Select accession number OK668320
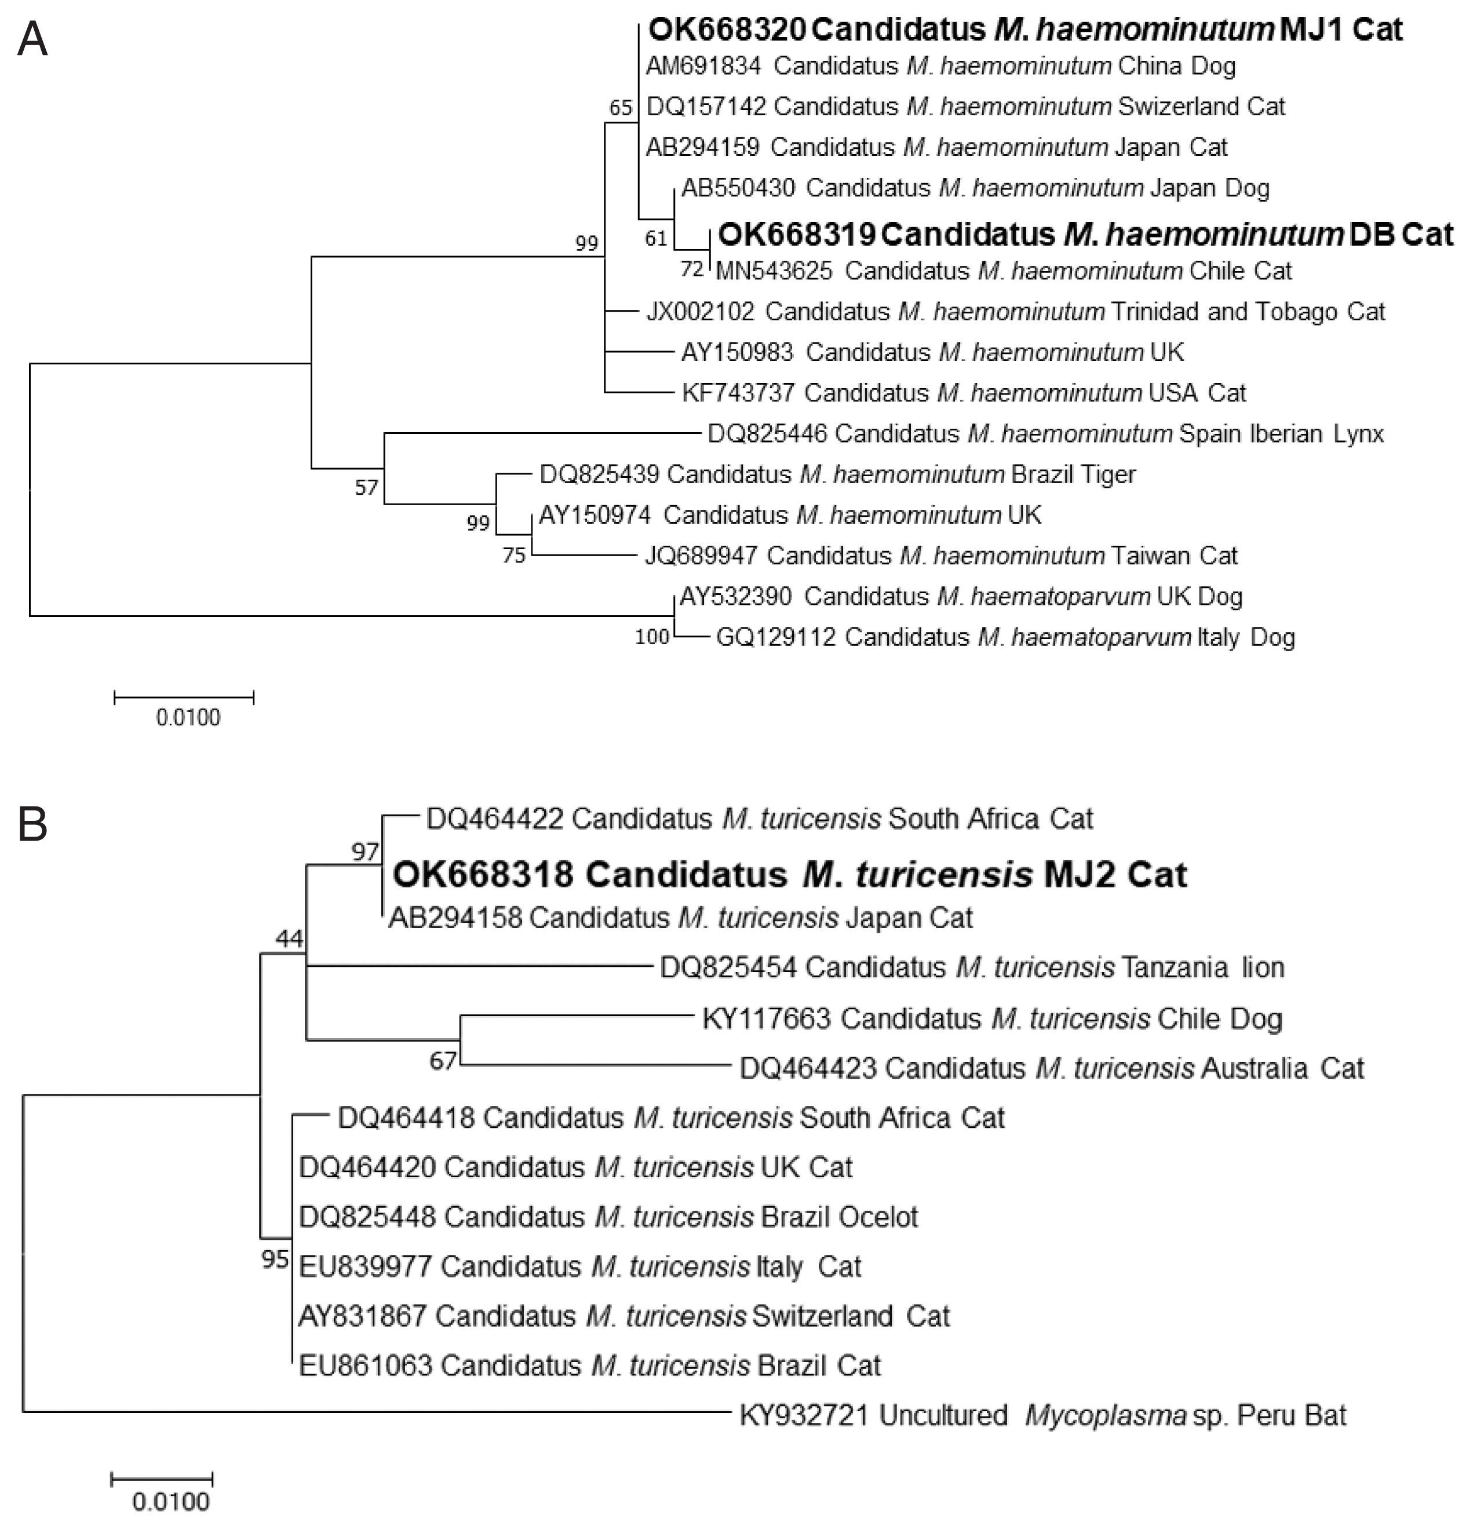coord(727,30)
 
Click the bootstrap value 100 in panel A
coord(652,637)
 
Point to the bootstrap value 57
coord(366,488)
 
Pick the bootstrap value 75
coord(513,556)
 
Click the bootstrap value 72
coord(692,269)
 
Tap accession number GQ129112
coord(776,638)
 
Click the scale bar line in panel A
coord(184,697)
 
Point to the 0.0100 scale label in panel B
coord(171,1501)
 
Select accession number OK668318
coord(483,874)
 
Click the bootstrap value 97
coord(364,851)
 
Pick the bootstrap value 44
coord(290,939)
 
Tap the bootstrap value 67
coord(443,1062)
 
